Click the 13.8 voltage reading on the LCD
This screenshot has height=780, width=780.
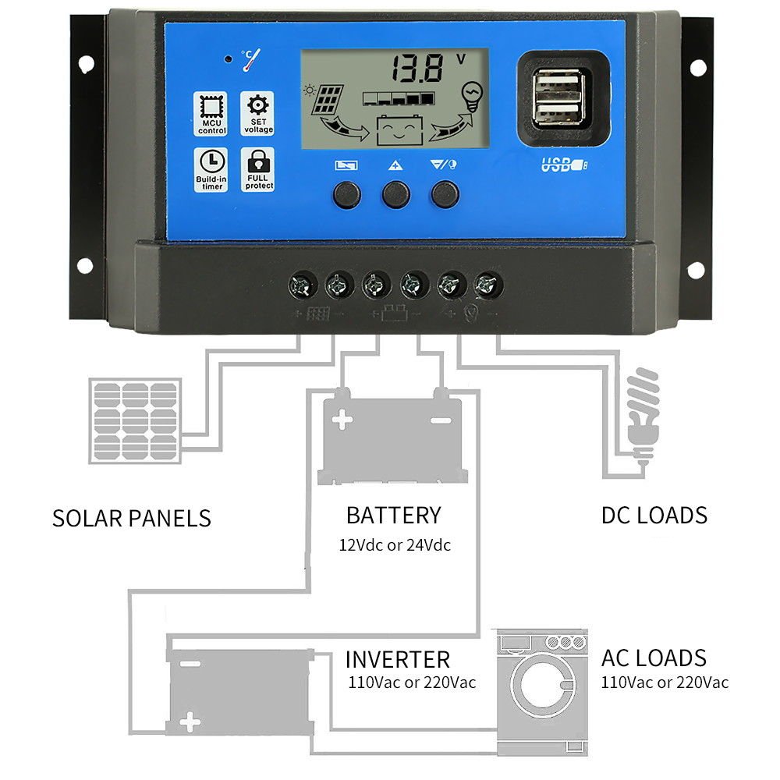coord(418,69)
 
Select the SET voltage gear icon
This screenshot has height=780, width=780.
coord(257,114)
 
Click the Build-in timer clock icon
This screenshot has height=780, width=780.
coord(211,169)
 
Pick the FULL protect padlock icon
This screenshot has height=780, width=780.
coord(257,170)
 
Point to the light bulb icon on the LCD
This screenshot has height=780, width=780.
coord(471,96)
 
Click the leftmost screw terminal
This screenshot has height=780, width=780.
coord(303,285)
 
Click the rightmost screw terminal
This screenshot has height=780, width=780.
coord(487,285)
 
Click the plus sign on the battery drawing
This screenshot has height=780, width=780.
coord(342,421)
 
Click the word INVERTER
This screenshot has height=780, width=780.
coord(398,659)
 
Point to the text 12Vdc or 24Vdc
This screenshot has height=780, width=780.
coord(395,544)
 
